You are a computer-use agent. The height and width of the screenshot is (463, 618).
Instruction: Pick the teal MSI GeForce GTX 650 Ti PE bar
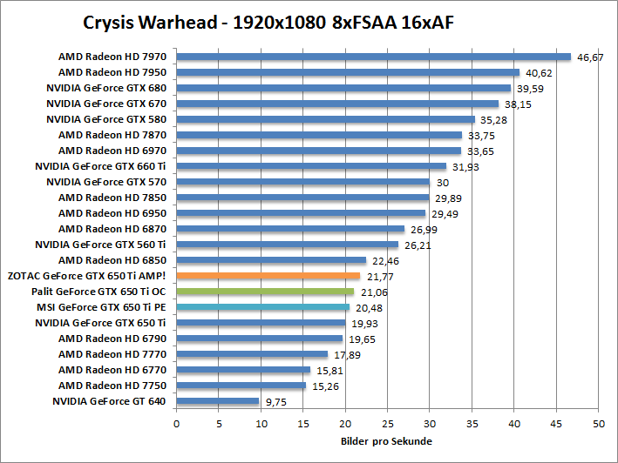tap(262, 307)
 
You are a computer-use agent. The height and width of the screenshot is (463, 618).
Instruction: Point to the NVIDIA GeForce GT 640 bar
tap(218, 401)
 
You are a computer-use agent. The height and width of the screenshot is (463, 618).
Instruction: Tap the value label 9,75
tap(277, 402)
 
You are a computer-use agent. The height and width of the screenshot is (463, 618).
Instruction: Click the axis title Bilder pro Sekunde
tap(387, 441)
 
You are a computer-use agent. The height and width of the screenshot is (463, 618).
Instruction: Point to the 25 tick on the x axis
tap(388, 423)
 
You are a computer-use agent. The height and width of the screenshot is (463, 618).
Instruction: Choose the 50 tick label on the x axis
tap(599, 423)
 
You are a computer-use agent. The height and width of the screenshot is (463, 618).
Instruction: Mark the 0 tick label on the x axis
tap(177, 423)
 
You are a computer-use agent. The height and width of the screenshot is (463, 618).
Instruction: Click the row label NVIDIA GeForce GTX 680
tap(105, 88)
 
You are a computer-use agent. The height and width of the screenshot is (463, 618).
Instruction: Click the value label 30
tap(443, 183)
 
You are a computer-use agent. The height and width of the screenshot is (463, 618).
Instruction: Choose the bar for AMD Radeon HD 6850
tap(271, 260)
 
